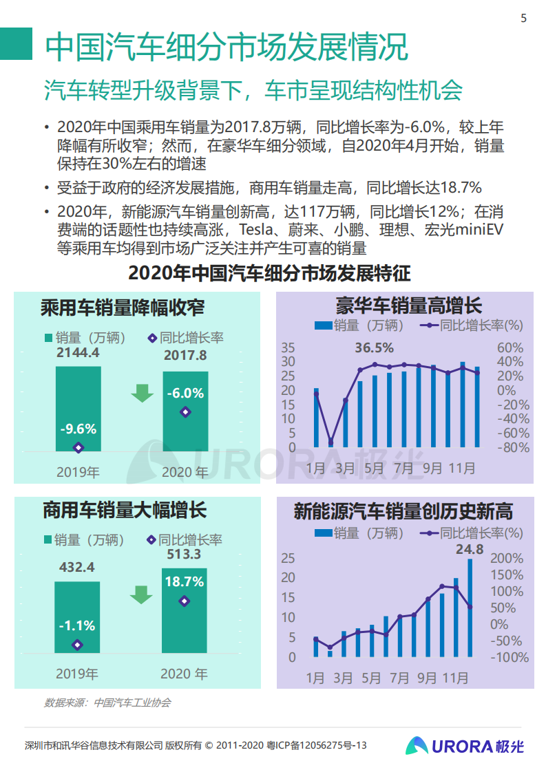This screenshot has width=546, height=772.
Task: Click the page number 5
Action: tap(523, 19)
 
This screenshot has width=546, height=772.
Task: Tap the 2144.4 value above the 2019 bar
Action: tap(78, 353)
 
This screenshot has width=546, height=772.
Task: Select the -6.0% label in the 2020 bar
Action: tap(185, 394)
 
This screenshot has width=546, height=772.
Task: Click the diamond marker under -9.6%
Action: tap(78, 447)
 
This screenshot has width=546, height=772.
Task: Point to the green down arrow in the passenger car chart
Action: tap(143, 393)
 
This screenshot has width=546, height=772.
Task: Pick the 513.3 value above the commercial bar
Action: tap(184, 555)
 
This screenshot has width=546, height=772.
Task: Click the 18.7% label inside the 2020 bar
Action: tap(185, 581)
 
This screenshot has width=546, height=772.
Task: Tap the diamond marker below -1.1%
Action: tap(77, 645)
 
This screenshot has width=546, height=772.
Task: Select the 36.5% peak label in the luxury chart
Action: tap(374, 347)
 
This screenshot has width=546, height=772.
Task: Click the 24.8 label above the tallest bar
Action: tap(470, 549)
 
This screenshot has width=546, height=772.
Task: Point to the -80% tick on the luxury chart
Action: tap(513, 447)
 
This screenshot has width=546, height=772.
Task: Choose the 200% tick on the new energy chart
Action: tap(507, 558)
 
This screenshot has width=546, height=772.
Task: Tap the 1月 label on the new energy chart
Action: tap(315, 678)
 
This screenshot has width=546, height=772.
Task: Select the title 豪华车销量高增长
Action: tap(409, 305)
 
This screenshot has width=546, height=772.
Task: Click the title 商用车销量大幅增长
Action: tap(124, 511)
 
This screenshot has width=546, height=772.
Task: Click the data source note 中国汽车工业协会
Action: tap(132, 703)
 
